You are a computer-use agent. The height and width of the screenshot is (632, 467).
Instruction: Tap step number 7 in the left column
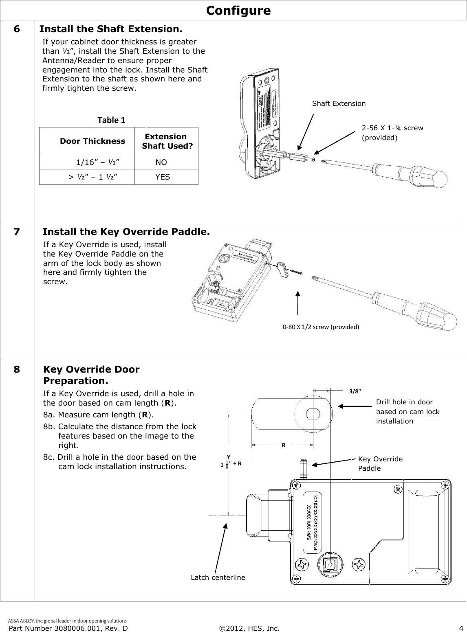[x=16, y=232]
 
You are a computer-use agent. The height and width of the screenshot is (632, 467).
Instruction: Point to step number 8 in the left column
[x=16, y=370]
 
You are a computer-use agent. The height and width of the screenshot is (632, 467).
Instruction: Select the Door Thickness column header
[x=93, y=141]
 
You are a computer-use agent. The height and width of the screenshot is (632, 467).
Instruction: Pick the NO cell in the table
[x=161, y=162]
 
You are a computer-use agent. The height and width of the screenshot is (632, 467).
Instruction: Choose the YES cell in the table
[x=162, y=177]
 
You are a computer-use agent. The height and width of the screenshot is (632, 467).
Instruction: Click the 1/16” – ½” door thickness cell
[x=98, y=162]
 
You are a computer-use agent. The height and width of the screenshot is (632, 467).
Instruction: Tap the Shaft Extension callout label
[x=339, y=103]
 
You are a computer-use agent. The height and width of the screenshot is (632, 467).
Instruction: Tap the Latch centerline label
[x=218, y=577]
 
